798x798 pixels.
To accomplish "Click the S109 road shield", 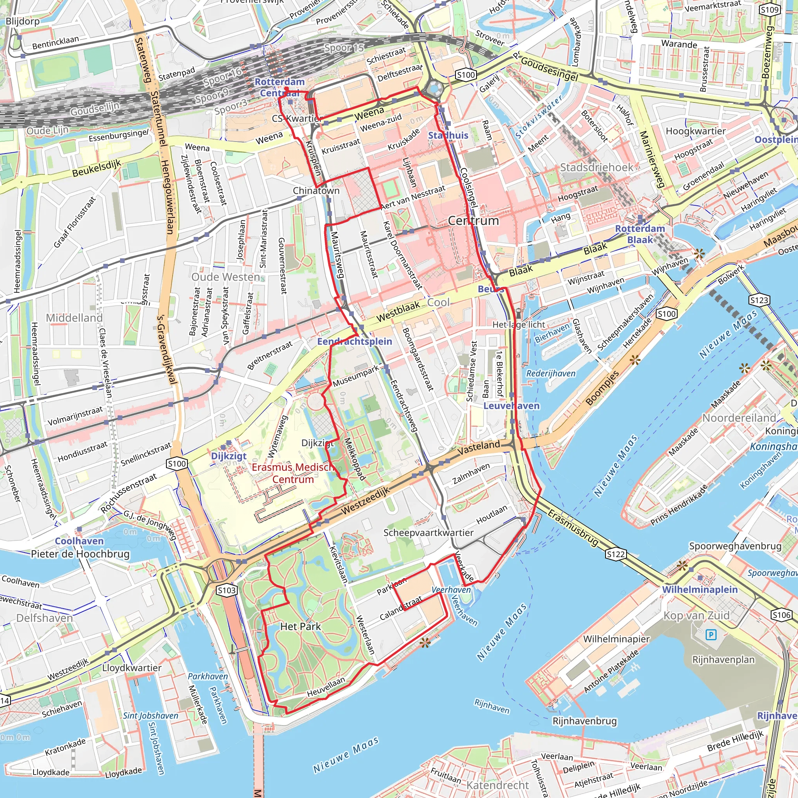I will [770, 10].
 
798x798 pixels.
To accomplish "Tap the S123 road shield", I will [759, 300].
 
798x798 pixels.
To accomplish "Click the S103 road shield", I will [227, 590].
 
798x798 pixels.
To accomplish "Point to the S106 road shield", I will [782, 615].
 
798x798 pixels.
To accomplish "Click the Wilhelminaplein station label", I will [700, 590].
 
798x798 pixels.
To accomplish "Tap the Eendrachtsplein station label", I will [355, 342].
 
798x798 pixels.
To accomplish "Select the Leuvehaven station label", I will [511, 406].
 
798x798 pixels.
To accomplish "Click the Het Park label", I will [300, 627].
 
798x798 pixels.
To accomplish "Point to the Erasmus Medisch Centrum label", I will [293, 473].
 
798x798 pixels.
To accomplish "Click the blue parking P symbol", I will [711, 635].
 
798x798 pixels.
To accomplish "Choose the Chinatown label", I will [316, 191].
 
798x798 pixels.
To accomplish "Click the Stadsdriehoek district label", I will [597, 167].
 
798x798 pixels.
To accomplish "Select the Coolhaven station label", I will [79, 541].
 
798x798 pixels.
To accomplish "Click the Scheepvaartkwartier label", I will [428, 533].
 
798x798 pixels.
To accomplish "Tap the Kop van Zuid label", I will [696, 615].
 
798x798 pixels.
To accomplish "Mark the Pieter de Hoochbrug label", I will [80, 554].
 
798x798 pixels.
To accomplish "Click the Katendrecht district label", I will [497, 785].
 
